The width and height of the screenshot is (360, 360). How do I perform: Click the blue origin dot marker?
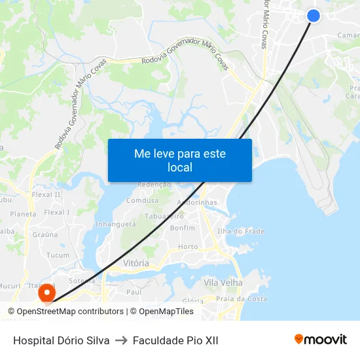[314, 16]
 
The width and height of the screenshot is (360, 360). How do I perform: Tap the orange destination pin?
[47, 293]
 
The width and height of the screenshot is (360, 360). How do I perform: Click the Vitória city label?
[136, 263]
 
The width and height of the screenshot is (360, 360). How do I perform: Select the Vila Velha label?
[223, 283]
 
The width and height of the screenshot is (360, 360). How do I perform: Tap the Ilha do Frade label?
[240, 231]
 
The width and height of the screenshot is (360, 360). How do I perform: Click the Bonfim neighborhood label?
[183, 228]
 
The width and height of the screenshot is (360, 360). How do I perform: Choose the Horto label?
[188, 247]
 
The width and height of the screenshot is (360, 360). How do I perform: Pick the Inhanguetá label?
[115, 224]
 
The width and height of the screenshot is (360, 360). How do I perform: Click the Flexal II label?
[46, 194]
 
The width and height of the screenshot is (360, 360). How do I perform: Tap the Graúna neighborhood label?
[45, 234]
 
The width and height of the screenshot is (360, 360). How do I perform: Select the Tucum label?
[58, 255]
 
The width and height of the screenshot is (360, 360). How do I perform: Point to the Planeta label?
[23, 214]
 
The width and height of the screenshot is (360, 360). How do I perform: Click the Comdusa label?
[143, 201]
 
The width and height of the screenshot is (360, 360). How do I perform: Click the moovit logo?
[320, 340]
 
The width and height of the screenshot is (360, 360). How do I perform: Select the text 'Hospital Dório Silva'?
[61, 340]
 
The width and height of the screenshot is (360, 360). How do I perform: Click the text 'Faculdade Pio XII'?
[175, 340]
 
